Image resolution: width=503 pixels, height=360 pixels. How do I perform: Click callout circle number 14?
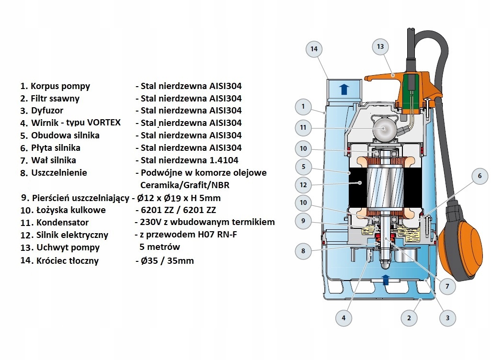point(314,49)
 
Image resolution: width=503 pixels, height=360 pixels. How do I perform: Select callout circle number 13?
point(380,46)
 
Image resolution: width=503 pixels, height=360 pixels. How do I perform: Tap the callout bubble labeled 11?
point(303,128)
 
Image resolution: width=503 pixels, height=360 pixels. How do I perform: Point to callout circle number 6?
point(480,176)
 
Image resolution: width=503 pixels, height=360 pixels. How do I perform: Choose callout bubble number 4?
point(343,318)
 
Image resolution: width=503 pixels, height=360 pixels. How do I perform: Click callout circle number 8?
point(303,251)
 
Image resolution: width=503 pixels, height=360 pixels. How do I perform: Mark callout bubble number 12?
point(303,185)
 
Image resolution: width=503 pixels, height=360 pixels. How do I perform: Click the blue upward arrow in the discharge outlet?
point(344,89)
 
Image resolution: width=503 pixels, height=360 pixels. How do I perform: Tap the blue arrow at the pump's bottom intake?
point(385,280)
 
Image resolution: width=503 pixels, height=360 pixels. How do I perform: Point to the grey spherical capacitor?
point(384,127)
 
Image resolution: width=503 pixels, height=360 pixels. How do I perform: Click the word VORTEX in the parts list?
point(104,123)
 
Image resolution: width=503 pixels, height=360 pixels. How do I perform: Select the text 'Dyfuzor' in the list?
point(47,111)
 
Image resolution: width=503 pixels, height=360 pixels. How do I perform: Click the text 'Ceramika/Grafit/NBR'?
point(185,185)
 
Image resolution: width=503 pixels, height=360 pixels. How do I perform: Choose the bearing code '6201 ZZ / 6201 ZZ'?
point(178,210)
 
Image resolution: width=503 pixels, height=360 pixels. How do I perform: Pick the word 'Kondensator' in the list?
point(63,223)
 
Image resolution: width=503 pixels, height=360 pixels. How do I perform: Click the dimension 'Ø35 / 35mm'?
point(167,260)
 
